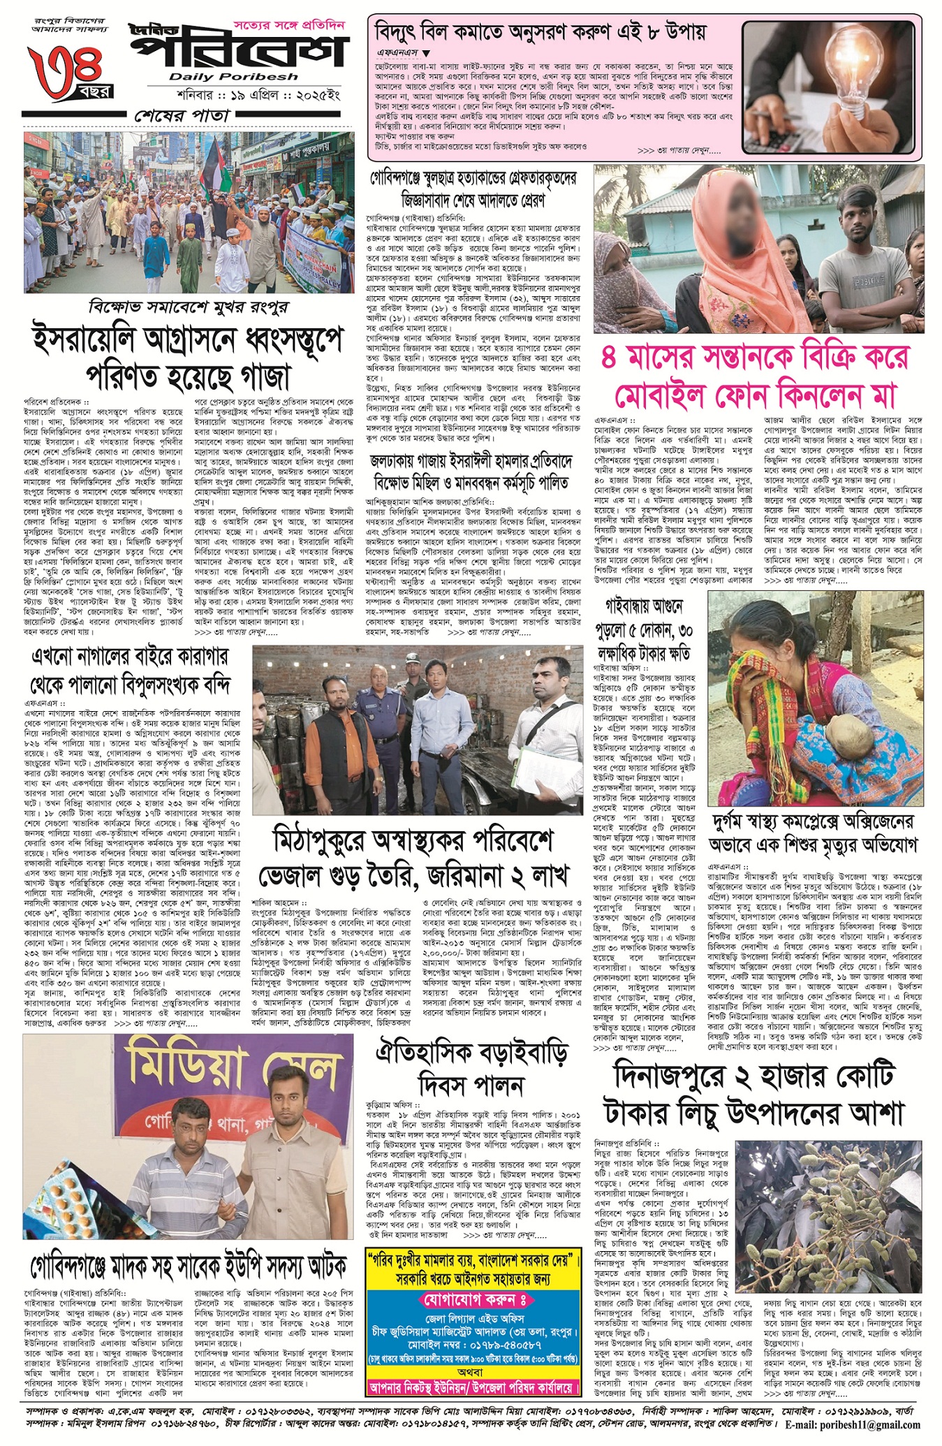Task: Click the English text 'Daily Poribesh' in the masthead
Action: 233,76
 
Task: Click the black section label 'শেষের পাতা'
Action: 182,115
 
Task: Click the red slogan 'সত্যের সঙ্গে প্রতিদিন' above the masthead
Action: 298,26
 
